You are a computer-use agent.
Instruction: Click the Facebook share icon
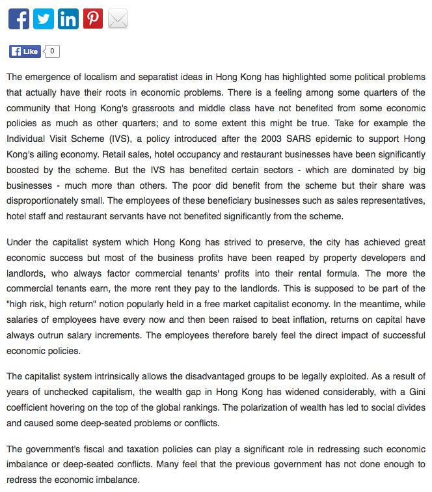(x=18, y=19)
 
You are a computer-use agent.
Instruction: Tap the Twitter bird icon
(x=43, y=19)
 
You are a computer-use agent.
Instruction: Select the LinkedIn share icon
(x=68, y=19)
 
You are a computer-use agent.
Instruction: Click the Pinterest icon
(x=92, y=19)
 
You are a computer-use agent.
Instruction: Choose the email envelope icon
(x=117, y=19)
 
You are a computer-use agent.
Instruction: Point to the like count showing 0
(x=52, y=51)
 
